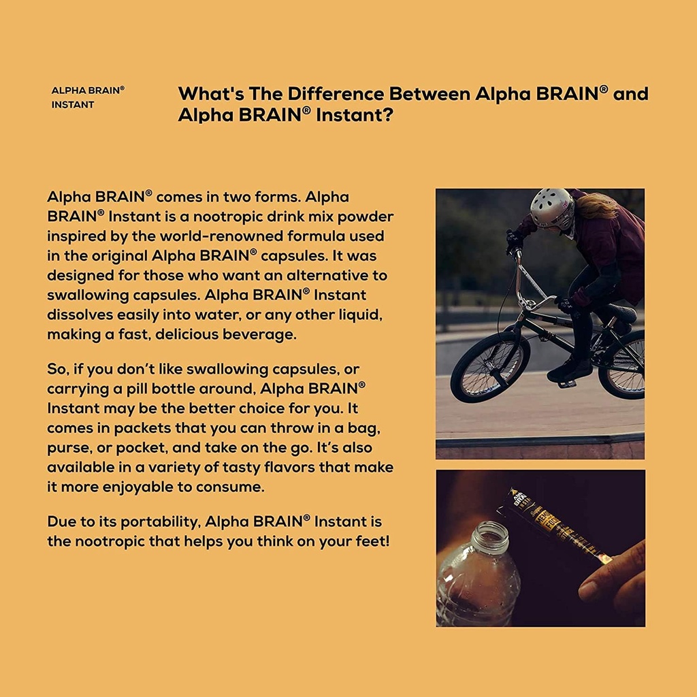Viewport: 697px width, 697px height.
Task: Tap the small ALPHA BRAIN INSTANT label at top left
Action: (88, 97)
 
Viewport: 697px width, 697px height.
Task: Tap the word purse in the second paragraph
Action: (71, 449)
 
